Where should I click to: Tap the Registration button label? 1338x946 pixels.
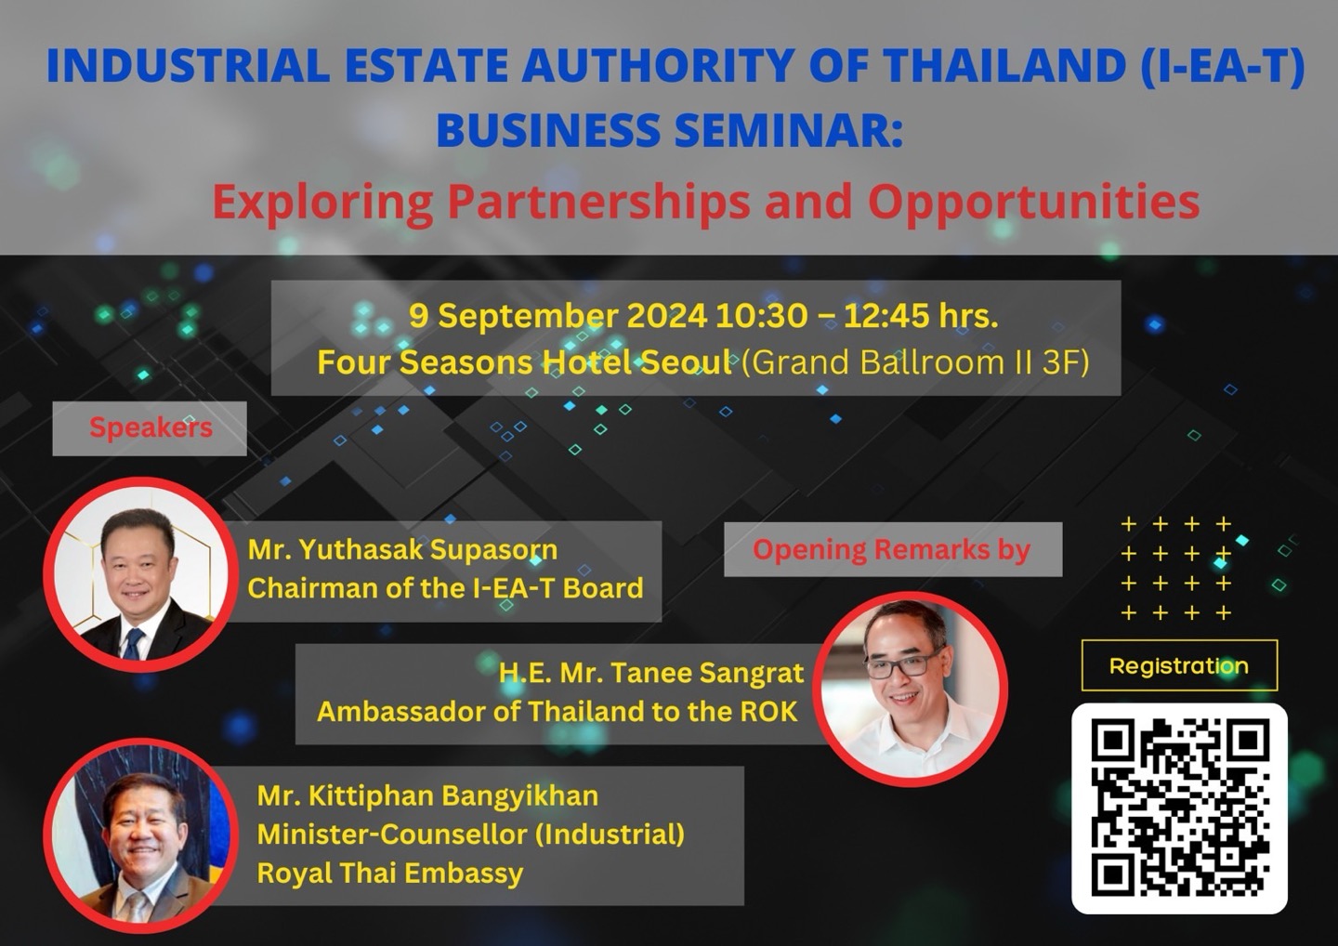[1179, 666]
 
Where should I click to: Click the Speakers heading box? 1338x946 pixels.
[150, 428]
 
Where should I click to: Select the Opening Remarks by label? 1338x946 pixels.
[892, 549]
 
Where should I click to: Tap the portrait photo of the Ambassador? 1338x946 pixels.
[910, 690]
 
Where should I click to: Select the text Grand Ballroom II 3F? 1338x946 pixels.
[916, 362]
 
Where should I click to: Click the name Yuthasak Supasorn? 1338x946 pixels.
[428, 550]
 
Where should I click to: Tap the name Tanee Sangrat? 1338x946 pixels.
[708, 673]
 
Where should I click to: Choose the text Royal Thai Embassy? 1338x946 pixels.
[390, 874]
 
